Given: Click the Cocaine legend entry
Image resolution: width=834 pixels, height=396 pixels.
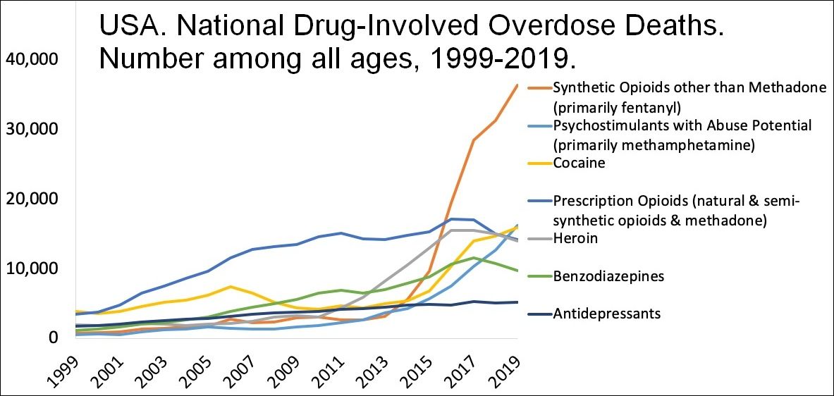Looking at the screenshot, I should coord(579,163).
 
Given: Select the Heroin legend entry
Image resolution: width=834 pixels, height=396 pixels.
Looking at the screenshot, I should coord(577,239).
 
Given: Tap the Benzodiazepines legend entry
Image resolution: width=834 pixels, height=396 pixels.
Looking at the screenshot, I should coord(608,276).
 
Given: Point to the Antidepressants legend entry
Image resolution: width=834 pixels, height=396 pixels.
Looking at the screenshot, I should coord(607,314).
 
